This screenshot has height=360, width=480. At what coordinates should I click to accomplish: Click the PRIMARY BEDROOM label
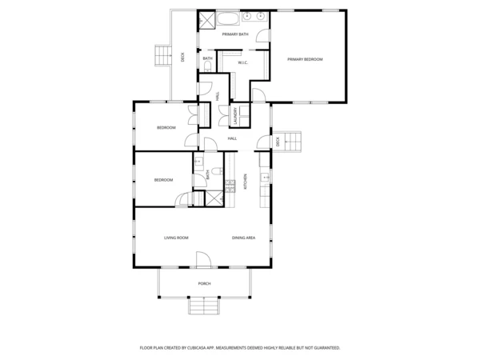[305, 59]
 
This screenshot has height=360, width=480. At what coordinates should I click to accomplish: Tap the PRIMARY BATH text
[235, 34]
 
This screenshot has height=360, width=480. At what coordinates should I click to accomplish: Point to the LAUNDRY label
[235, 117]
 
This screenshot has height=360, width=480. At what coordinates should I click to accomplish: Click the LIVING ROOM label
[176, 238]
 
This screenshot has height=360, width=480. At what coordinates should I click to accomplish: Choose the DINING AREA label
[243, 238]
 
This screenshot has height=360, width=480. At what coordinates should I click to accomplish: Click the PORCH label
[204, 284]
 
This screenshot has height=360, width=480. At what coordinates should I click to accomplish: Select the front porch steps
[204, 306]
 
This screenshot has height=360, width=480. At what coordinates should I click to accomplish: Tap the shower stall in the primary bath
[206, 19]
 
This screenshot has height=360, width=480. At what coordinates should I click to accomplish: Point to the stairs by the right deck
[293, 141]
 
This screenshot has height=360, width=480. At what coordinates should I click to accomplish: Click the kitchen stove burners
[230, 186]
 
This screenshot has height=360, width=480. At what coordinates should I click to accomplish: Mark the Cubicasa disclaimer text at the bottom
[240, 348]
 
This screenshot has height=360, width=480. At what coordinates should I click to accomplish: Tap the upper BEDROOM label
[166, 128]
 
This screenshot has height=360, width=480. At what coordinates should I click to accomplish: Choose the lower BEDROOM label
[163, 180]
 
